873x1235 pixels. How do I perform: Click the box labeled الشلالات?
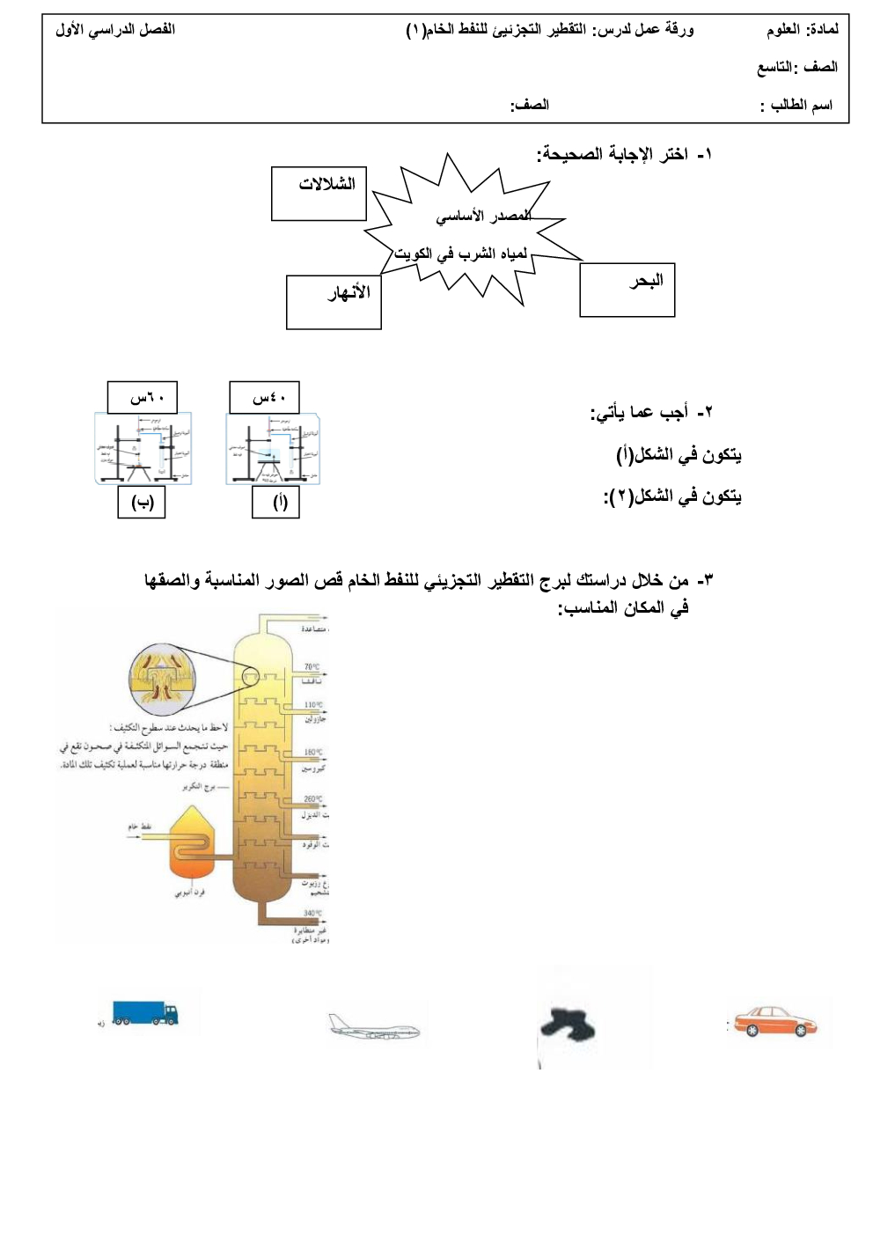point(319,194)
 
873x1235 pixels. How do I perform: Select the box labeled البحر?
point(627,290)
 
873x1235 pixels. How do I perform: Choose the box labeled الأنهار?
point(334,302)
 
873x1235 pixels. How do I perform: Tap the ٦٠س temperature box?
point(142,398)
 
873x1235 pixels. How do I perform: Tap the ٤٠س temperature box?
point(264,398)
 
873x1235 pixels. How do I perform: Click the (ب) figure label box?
point(142,503)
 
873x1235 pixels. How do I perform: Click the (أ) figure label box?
point(275,503)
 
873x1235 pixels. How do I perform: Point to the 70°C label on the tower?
point(312,667)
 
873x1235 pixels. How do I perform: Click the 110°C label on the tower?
point(312,705)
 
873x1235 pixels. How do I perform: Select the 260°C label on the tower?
point(312,799)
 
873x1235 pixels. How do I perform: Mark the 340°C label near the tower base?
point(312,914)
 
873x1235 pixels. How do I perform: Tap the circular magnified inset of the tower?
point(163,676)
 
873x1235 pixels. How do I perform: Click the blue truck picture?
point(145,1013)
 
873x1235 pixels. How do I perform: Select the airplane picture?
point(374,1027)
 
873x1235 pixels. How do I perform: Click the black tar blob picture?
point(568,1024)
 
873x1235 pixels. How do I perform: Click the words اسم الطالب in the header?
point(800,106)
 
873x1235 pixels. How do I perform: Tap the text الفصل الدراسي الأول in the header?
point(115,29)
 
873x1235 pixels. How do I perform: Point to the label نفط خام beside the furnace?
point(140,827)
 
